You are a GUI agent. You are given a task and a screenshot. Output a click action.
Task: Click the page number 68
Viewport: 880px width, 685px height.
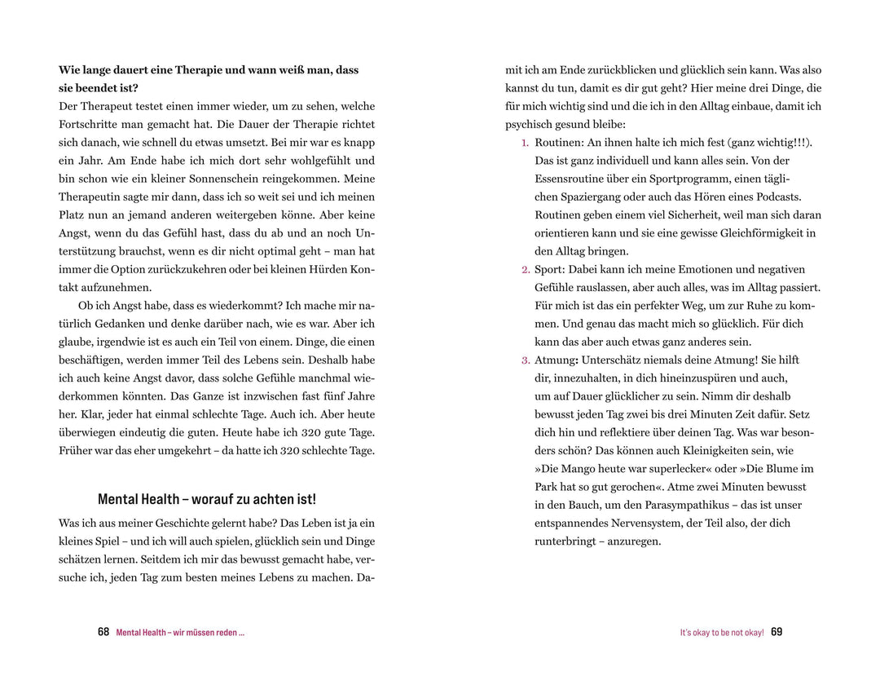(x=103, y=632)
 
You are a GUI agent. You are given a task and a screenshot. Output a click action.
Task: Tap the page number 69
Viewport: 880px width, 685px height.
(x=777, y=632)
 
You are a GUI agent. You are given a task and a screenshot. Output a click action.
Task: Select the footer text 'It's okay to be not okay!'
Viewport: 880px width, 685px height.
(x=722, y=633)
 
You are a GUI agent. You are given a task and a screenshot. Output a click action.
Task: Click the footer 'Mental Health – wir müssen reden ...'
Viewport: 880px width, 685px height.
(x=180, y=633)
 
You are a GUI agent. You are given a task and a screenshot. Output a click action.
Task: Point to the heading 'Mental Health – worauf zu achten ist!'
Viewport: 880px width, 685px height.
(x=207, y=499)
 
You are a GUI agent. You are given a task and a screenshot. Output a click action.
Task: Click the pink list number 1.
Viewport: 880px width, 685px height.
(x=526, y=143)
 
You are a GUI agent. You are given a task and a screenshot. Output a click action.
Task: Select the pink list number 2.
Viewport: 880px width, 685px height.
(x=526, y=270)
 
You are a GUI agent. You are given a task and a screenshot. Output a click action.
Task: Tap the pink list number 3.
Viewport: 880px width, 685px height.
(x=526, y=360)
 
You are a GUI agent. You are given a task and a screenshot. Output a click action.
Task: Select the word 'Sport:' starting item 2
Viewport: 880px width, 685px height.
(x=550, y=270)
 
